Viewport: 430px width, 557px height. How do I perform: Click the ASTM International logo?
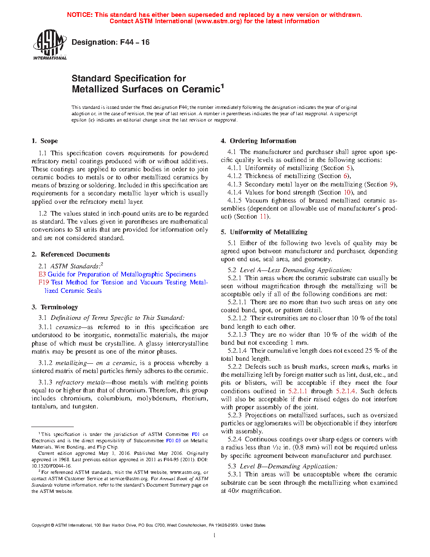tap(50, 44)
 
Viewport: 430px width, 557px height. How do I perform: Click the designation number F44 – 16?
tap(134, 42)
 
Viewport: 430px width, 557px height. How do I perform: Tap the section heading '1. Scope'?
tap(45, 141)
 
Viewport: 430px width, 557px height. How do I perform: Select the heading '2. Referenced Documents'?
tap(70, 254)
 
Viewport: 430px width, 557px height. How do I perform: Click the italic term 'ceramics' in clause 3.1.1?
tap(68, 327)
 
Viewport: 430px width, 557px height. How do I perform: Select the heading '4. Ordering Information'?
tap(258, 141)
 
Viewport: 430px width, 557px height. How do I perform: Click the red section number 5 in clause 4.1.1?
tap(349, 168)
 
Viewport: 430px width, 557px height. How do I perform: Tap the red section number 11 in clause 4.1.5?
tap(263, 216)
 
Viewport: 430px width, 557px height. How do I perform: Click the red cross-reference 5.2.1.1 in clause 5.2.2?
tap(298, 391)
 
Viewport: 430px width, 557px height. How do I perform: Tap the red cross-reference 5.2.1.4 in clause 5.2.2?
tap(346, 391)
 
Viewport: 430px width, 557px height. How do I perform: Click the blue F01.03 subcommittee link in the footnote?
tap(173, 441)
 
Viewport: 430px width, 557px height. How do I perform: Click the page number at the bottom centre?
tap(215, 535)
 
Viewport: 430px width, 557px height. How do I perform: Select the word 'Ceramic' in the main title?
tap(201, 89)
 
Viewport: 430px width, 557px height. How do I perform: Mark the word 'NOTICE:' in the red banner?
tap(80, 15)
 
